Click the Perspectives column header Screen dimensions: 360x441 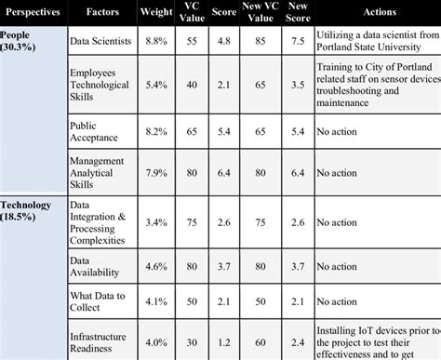pos(34,16)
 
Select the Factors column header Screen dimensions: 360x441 pos(102,16)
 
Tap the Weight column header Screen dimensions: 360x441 pos(155,16)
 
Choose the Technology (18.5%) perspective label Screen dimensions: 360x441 pos(33,209)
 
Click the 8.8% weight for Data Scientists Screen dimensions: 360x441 pos(155,42)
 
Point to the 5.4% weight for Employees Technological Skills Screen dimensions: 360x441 pos(155,85)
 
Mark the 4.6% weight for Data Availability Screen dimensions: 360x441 pos(155,268)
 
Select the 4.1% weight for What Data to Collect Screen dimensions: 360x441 pos(155,303)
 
